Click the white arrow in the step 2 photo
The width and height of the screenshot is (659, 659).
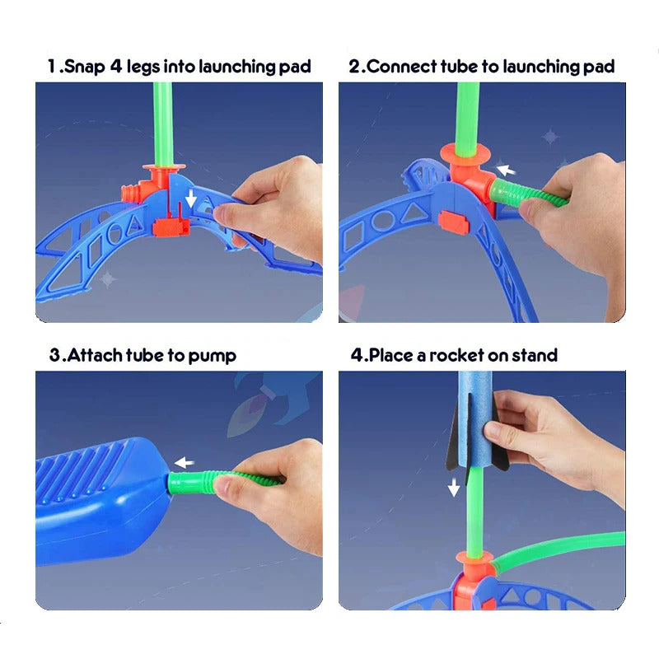(506, 171)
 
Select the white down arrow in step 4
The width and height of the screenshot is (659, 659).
(453, 488)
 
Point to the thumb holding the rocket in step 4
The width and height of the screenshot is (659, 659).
(497, 430)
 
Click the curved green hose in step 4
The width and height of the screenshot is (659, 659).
(560, 547)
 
